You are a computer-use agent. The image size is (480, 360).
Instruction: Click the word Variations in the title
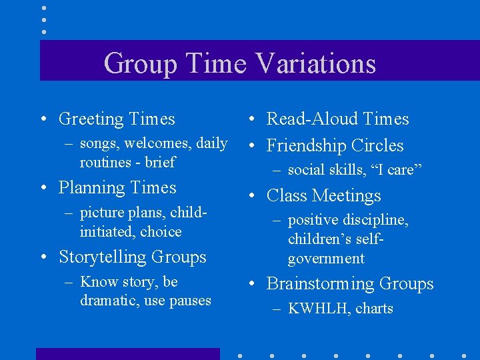point(315,64)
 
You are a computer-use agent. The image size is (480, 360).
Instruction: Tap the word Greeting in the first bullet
point(91,119)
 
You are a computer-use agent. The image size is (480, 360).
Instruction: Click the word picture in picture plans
point(102,213)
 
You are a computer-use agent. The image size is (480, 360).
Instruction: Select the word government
point(326,259)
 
